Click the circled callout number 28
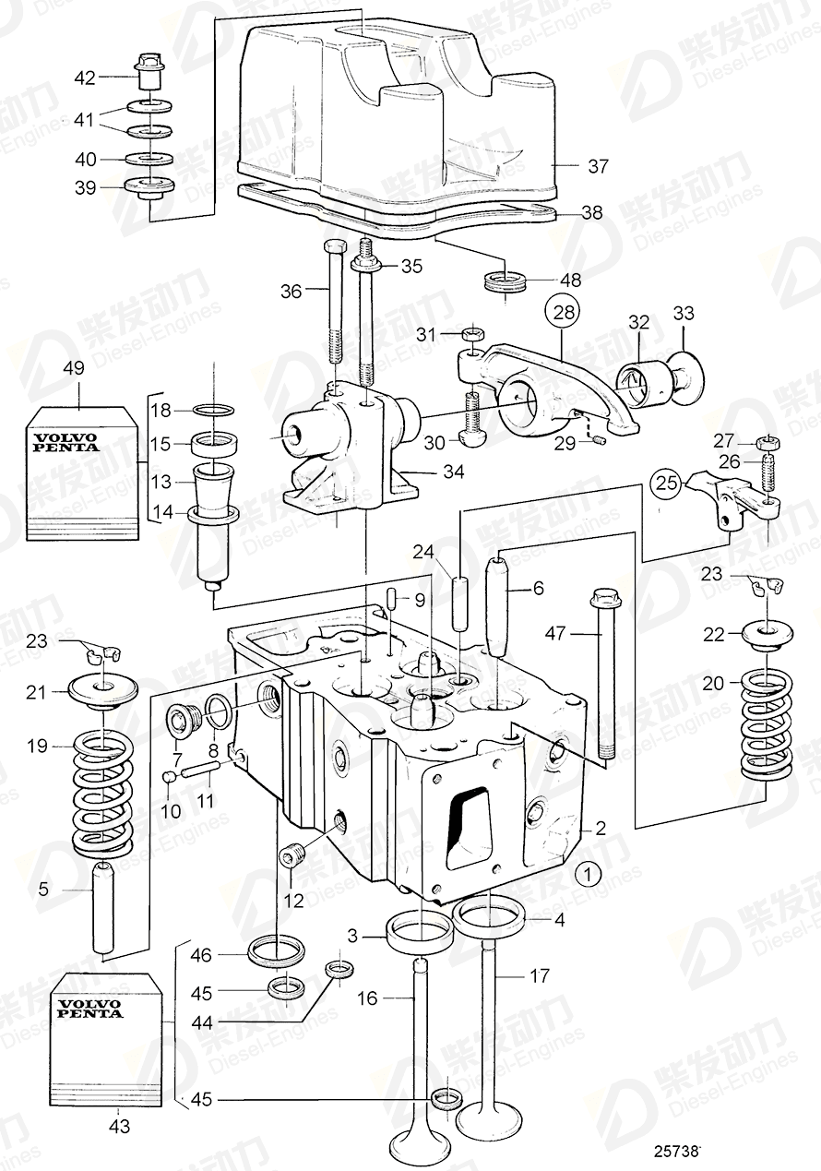[x=564, y=312]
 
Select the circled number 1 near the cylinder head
[x=588, y=871]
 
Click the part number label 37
[x=599, y=166]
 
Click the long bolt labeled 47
[x=603, y=674]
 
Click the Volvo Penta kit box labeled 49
[x=81, y=471]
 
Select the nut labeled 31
[x=471, y=334]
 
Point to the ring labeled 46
[x=277, y=948]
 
